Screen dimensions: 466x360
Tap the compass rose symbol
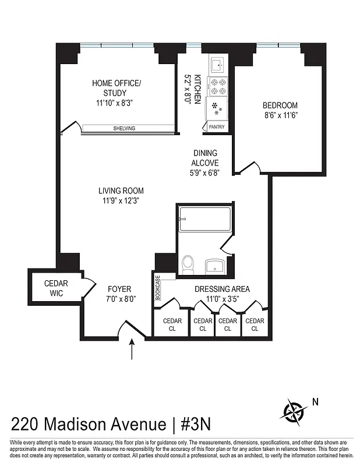coord(295,410)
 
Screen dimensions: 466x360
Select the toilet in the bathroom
coord(188,265)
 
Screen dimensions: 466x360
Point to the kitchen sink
coord(218,63)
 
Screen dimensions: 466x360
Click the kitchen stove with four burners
coord(218,86)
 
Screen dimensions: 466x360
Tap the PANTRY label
coord(216,126)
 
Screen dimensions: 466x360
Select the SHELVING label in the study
coord(124,129)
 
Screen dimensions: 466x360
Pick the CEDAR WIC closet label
coord(57,288)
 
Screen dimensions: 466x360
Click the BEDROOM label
coord(280,105)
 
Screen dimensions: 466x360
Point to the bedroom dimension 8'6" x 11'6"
coord(280,115)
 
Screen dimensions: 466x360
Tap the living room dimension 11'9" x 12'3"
coord(121,200)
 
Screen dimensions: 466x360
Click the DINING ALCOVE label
coord(206,158)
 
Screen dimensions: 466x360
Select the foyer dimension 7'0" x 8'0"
coord(120,299)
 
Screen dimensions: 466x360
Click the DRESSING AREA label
coord(223,289)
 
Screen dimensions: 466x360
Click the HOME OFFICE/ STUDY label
coord(117,88)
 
